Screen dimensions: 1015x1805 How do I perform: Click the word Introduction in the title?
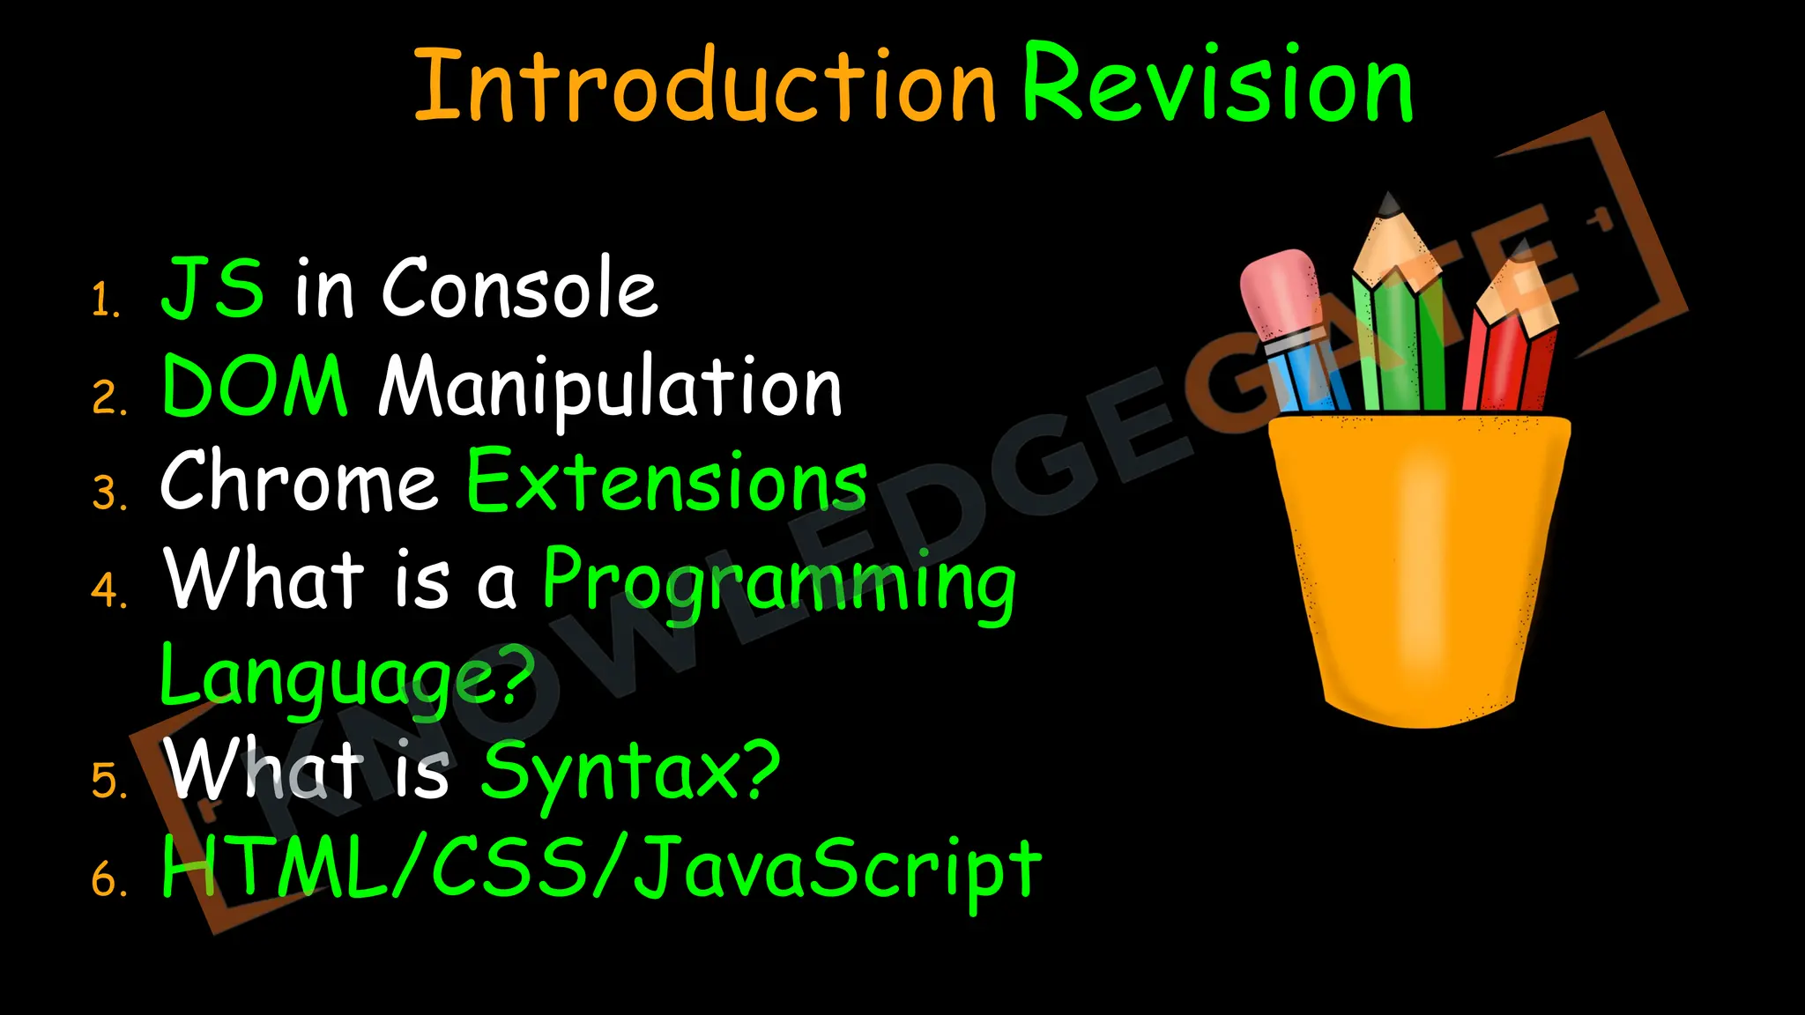pos(705,85)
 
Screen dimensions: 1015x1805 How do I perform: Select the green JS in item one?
pos(212,288)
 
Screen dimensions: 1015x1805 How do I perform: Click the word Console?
pos(520,288)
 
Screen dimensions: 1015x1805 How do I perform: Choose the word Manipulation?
pos(611,388)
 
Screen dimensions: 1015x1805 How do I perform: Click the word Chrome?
pos(299,482)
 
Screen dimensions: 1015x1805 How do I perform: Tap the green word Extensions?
pos(666,482)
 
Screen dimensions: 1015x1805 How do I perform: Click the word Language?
pos(347,677)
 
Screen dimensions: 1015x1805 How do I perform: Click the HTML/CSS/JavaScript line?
pos(601,868)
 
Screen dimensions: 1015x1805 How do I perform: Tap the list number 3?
pos(109,493)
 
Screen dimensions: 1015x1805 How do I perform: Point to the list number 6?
pos(109,879)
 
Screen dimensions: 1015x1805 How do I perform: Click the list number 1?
pos(106,300)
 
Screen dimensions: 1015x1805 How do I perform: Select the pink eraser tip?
pos(1278,291)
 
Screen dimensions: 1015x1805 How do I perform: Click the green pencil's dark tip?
pos(1390,206)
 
